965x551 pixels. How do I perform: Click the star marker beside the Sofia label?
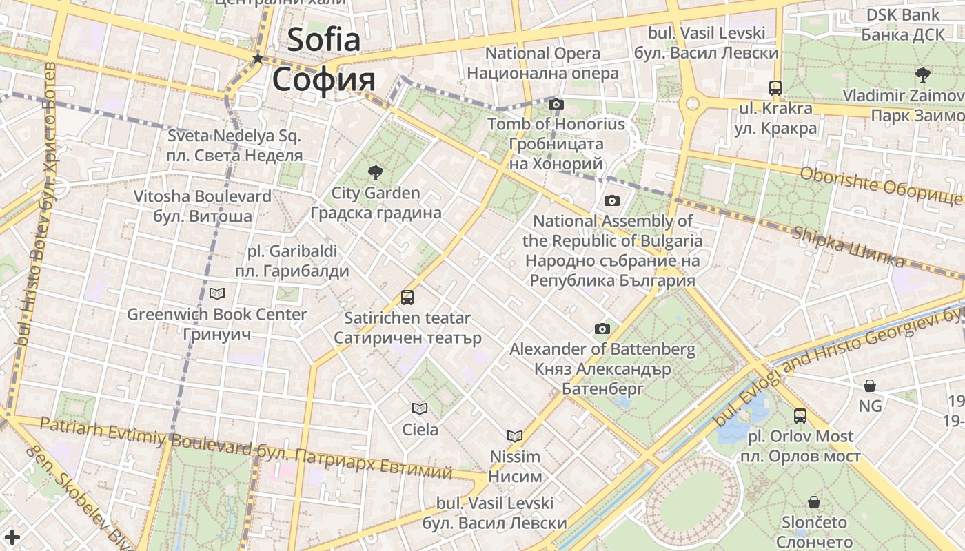tap(258, 59)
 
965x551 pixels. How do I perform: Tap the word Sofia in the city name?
tap(323, 39)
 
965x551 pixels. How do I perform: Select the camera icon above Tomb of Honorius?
tap(556, 105)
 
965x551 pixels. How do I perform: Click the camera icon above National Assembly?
tap(611, 201)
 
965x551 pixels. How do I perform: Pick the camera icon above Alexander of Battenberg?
tap(602, 329)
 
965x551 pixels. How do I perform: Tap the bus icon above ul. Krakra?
tap(775, 88)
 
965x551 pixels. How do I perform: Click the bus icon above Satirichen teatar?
tap(407, 298)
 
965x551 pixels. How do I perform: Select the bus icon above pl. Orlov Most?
tap(800, 416)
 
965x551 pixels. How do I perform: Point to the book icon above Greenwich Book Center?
tap(217, 294)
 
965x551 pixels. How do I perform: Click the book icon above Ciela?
tap(420, 408)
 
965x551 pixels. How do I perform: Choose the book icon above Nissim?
tap(515, 436)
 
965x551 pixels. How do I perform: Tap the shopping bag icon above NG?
tap(870, 386)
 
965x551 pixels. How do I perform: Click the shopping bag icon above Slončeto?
tap(814, 502)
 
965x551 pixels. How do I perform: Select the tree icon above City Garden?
tap(376, 172)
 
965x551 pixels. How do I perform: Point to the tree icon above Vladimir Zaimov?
tap(923, 75)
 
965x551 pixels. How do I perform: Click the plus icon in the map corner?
tap(12, 537)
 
